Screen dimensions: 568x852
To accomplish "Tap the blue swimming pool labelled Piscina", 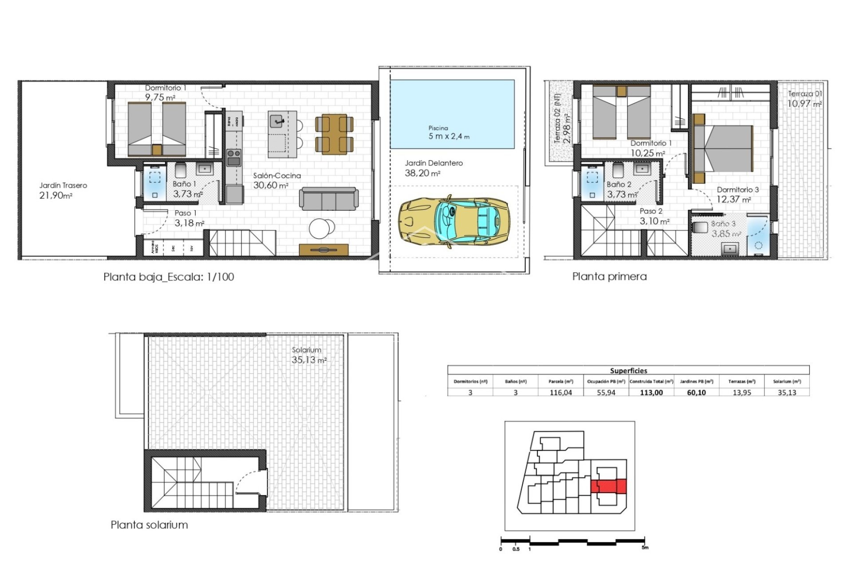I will click(452, 114).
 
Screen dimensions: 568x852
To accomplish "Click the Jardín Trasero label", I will click(63, 185).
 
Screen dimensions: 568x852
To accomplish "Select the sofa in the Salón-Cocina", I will click(329, 199).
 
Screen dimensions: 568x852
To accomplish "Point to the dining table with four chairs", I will click(334, 134).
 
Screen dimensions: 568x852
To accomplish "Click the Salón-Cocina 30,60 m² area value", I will click(271, 185).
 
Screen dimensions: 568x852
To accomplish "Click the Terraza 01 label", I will click(805, 94).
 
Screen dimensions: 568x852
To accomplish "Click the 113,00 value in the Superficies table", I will click(651, 393).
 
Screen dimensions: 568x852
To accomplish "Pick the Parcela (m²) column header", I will click(560, 382).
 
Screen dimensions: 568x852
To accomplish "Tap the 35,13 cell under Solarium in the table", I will click(787, 393).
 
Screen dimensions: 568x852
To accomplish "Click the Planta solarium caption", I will click(149, 525).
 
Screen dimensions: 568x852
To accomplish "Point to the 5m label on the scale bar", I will click(645, 548).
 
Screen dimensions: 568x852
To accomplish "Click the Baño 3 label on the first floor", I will click(723, 224).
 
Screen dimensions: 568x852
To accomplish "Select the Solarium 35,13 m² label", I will click(308, 355).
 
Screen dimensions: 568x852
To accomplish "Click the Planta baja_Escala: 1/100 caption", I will click(169, 277).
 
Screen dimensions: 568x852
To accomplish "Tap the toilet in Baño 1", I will click(181, 170).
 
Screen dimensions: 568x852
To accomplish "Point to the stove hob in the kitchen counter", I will click(234, 157).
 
